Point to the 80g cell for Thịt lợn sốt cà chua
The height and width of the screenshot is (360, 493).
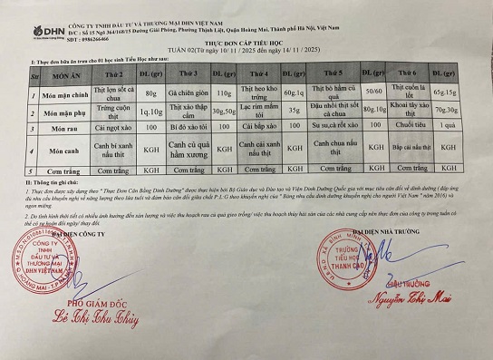point(150,93)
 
